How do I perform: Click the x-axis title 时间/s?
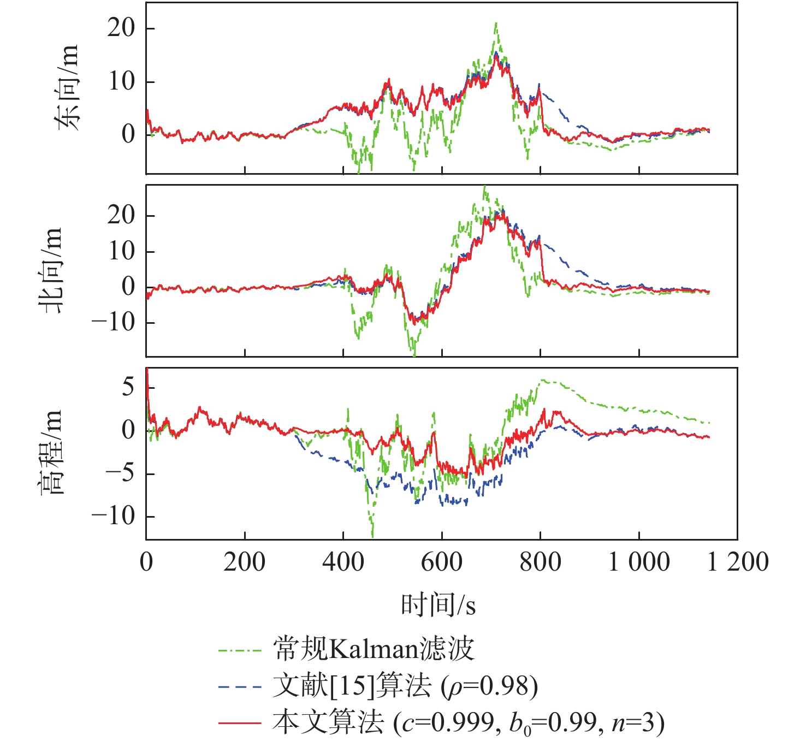click(438, 605)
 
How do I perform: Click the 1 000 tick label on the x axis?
click(639, 562)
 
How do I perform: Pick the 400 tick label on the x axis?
click(343, 562)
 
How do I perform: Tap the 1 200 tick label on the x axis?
click(737, 562)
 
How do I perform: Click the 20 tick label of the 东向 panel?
click(121, 28)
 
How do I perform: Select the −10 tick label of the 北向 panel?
click(114, 322)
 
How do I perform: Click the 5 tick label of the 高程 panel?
click(128, 387)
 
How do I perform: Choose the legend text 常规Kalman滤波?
click(374, 650)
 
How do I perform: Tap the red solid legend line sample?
click(240, 723)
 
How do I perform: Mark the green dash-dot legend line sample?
click(240, 650)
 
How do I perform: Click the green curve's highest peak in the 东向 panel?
click(496, 23)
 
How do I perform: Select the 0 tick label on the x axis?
click(146, 562)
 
